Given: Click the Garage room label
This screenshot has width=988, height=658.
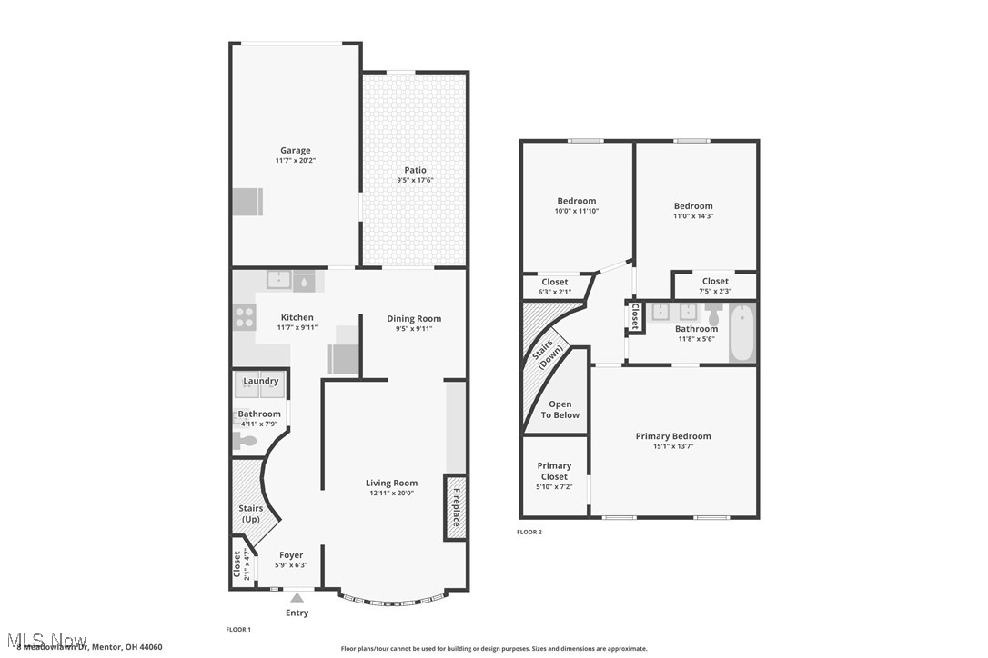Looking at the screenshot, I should [295, 151].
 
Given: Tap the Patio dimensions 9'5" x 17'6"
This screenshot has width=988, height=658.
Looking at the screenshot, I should [415, 180].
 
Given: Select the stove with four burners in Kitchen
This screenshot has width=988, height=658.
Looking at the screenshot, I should [245, 317].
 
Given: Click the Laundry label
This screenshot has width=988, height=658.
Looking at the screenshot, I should [261, 381].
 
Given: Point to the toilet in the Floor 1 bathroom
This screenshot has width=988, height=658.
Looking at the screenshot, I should [246, 441].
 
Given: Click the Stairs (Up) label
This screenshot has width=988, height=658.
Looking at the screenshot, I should [250, 513].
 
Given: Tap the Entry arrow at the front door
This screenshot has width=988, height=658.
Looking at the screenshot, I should [297, 598].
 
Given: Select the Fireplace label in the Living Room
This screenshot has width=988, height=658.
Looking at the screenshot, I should [456, 508].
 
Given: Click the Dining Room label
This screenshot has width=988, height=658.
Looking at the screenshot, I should [414, 319].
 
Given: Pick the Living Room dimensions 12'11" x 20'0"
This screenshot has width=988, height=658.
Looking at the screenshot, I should [391, 493].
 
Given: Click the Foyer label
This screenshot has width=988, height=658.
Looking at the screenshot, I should [291, 555].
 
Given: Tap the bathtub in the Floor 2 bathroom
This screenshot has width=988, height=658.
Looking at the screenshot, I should [743, 333].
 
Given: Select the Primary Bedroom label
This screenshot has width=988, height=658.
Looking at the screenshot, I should [673, 436].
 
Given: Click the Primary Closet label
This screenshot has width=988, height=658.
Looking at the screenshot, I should [554, 471].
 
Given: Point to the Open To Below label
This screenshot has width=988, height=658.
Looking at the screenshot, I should [560, 410].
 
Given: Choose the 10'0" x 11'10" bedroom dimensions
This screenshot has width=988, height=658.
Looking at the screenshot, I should [577, 211].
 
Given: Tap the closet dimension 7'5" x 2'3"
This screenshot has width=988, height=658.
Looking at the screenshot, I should [715, 291].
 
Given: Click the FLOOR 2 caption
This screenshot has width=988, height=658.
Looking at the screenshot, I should [529, 532].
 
